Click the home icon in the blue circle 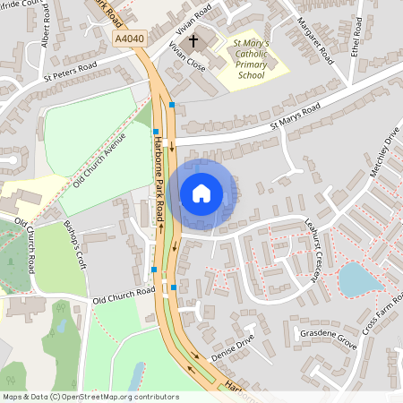tap(201, 193)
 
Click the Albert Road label tap(46, 32)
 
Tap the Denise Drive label tap(234, 350)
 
